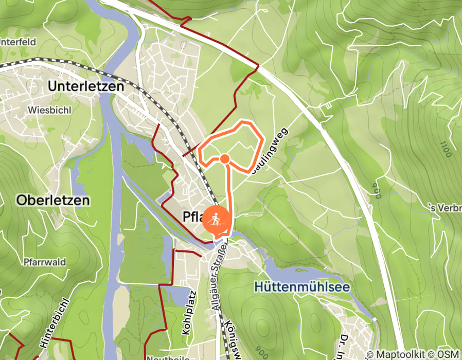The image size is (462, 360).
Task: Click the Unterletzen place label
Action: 86,86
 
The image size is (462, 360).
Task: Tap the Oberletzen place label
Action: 53,200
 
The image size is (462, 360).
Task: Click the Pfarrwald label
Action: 45,262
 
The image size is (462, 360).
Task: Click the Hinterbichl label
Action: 50,329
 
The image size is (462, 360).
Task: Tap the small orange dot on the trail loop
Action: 224,159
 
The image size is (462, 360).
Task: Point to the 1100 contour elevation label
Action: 445,149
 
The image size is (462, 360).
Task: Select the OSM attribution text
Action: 448,354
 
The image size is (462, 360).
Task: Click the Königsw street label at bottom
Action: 230,339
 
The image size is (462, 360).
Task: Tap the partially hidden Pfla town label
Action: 193,217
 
